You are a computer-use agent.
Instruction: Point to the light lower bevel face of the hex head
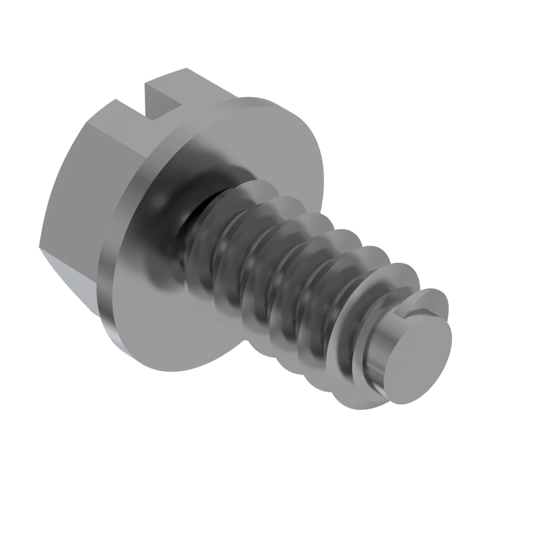(72, 271)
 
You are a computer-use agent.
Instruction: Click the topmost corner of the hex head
(187, 68)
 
